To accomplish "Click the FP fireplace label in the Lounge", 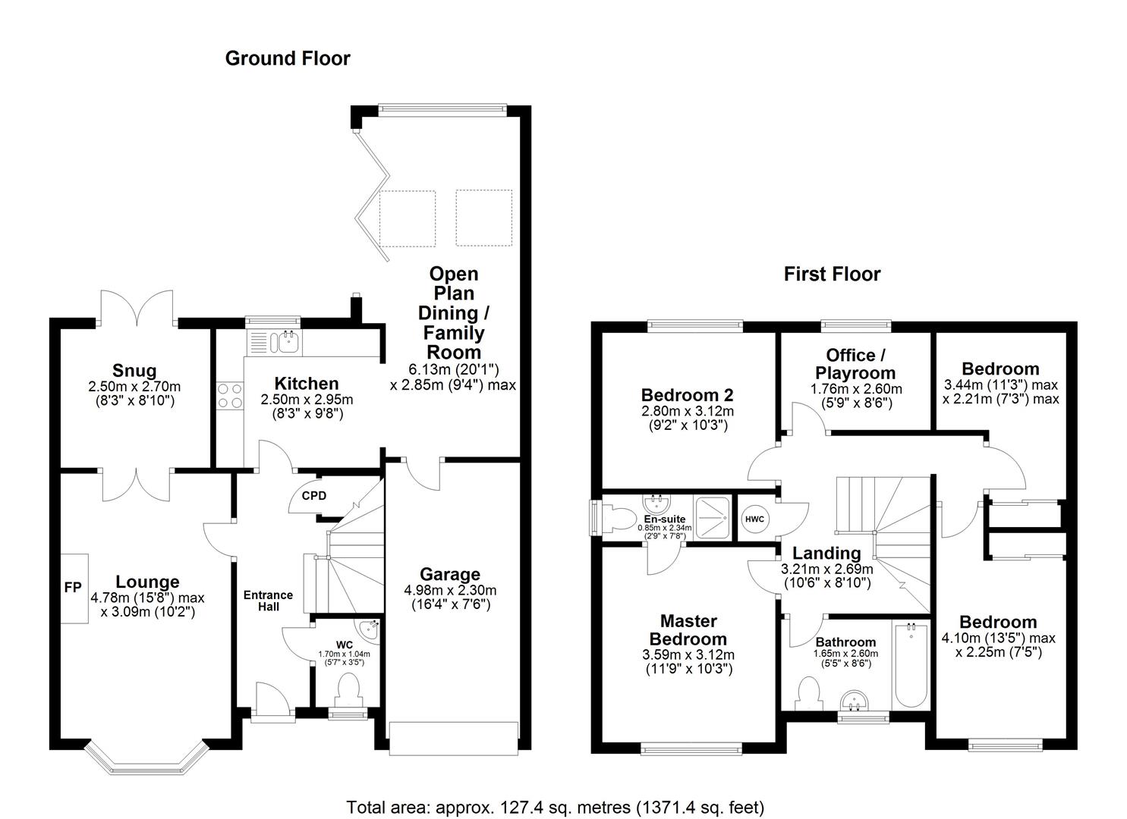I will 73,588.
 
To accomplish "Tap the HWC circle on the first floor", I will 754,519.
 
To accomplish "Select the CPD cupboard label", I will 313,496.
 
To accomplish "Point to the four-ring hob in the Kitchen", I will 230,397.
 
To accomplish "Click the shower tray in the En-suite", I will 713,519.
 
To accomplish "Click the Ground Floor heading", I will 288,58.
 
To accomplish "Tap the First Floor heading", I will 832,274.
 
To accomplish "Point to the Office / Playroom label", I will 855,364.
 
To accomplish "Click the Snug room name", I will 134,370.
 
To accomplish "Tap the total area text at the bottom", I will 555,807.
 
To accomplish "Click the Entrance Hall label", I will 268,601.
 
